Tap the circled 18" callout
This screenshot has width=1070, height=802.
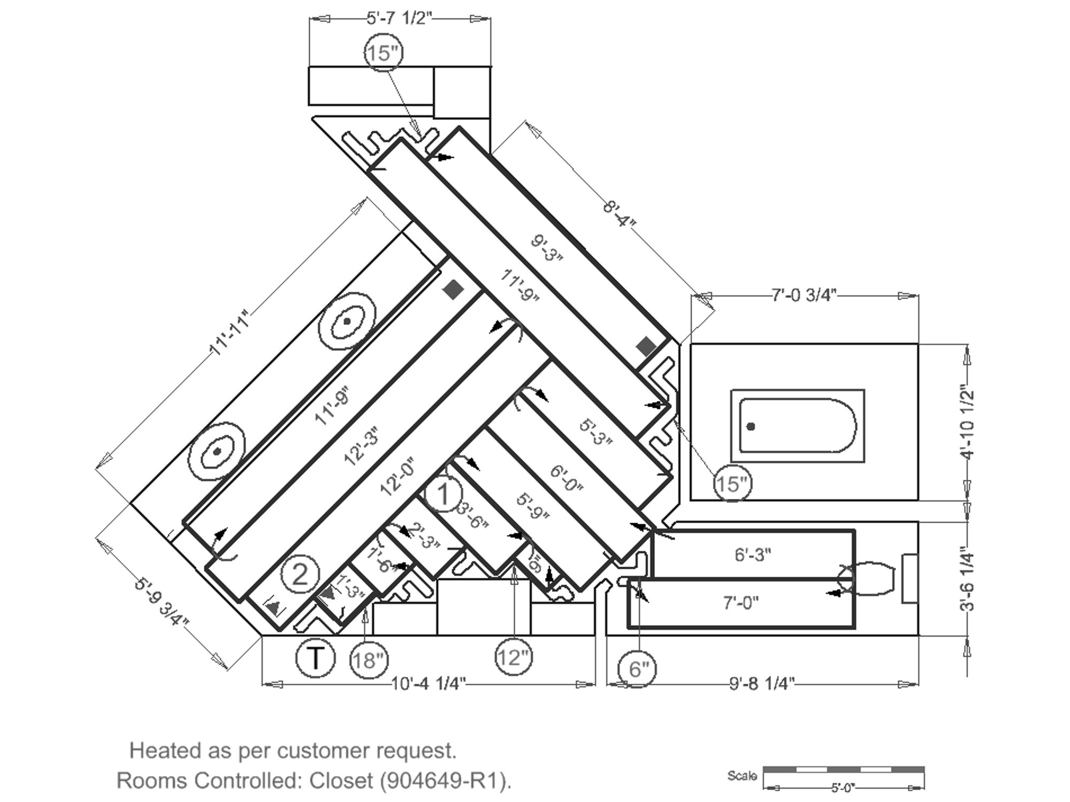click(x=369, y=660)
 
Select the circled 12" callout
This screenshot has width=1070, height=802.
click(x=513, y=658)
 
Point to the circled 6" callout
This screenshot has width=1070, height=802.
click(x=637, y=669)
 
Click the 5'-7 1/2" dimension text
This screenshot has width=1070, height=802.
click(x=399, y=19)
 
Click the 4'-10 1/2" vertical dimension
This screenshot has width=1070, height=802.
click(x=967, y=422)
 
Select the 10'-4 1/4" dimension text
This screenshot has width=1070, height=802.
click(x=429, y=684)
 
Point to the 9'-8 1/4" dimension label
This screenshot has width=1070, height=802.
click(x=763, y=684)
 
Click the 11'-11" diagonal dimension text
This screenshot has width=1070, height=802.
click(x=230, y=332)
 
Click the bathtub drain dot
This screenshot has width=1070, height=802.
click(x=751, y=426)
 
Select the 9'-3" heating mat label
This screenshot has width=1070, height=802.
click(x=547, y=248)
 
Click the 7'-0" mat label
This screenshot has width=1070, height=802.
click(x=741, y=604)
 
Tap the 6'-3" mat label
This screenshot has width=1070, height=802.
click(x=753, y=555)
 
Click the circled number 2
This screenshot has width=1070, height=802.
click(x=300, y=575)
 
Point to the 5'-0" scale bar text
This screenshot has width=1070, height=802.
click(x=844, y=788)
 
